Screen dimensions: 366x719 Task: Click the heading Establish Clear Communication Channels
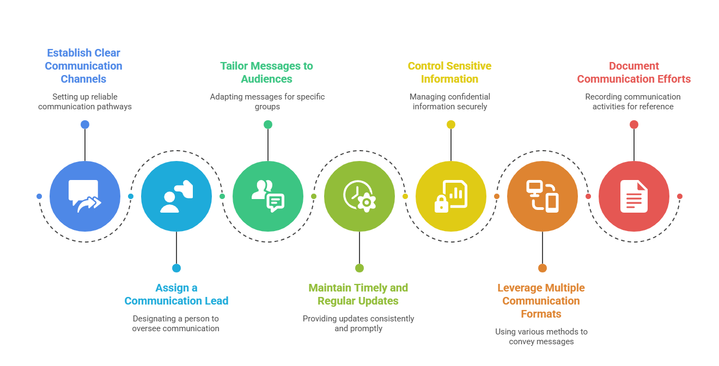pos(84,66)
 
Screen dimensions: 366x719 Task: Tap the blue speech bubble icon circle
pos(85,196)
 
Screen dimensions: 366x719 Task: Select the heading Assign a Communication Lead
pos(176,294)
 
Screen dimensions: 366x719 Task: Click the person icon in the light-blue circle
pos(176,196)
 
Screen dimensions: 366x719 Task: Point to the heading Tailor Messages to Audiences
pos(267,72)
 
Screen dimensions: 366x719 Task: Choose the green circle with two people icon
pos(268,196)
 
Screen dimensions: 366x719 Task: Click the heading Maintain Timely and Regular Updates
pos(358,294)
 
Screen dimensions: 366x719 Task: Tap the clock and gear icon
pos(359,196)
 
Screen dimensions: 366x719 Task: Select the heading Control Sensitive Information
pos(450,72)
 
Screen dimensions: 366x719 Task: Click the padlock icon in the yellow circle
pos(442,204)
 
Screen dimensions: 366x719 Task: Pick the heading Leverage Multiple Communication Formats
pos(541,301)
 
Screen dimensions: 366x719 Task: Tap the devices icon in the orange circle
pos(543,196)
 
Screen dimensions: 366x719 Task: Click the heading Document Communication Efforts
pos(634,72)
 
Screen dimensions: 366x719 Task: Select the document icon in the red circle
pos(634,196)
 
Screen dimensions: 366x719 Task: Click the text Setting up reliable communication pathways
pos(85,102)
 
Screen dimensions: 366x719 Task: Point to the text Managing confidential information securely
pos(450,102)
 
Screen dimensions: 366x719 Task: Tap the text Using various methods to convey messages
pos(541,337)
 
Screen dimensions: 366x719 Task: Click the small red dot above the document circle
pos(634,125)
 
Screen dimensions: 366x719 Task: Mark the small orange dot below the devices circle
pos(543,268)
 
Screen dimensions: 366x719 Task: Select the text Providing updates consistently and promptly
pos(358,324)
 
